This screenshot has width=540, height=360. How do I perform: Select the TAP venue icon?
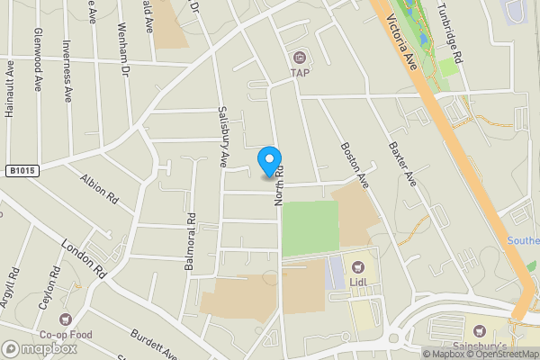coord(298,57)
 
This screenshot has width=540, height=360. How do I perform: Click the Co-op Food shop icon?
coord(65,318)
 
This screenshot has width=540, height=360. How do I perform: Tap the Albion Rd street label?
coord(99,188)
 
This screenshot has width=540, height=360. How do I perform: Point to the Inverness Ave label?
coord(67,70)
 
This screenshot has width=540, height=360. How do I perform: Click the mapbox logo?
coord(39,348)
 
